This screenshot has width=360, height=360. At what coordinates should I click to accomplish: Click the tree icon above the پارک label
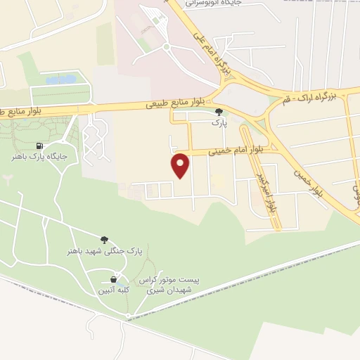pyautogui.click(x=219, y=111)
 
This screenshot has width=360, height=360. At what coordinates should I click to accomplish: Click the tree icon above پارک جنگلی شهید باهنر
pyautogui.click(x=104, y=240)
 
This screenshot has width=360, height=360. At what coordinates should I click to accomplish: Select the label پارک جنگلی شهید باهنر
pyautogui.click(x=105, y=251)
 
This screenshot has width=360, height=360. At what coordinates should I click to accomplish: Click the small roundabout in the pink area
pyautogui.click(x=167, y=47)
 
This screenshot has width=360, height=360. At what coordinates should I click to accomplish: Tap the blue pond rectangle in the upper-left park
pyautogui.click(x=60, y=79)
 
